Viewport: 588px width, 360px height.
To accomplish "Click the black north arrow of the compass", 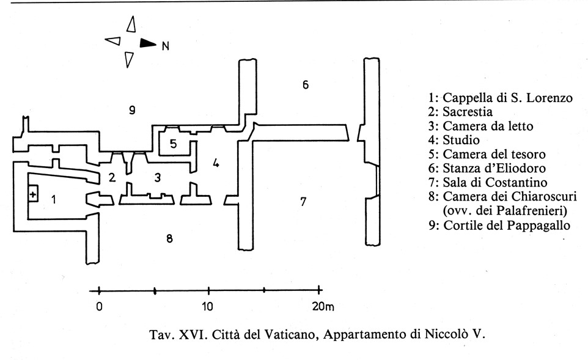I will [148, 43].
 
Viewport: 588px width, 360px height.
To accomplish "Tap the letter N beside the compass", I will [165, 45].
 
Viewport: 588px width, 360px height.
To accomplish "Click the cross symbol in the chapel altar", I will [32, 194].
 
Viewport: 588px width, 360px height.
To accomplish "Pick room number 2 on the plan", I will [111, 178].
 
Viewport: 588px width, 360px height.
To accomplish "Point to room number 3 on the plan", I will [158, 178].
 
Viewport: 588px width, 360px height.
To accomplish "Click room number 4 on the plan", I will [215, 163].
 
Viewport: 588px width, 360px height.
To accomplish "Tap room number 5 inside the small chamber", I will [174, 144].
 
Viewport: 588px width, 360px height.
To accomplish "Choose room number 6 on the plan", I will [306, 84].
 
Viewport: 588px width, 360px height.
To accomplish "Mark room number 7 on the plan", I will [303, 201].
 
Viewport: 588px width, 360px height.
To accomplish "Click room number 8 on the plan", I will [169, 238].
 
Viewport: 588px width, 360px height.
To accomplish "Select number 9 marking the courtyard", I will [131, 110].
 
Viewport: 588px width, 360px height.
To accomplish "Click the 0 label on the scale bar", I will [99, 307].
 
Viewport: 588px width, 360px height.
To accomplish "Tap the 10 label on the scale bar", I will [208, 307].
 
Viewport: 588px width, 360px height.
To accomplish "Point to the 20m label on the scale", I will [324, 307].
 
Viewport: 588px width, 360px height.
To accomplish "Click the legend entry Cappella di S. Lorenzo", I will [500, 98].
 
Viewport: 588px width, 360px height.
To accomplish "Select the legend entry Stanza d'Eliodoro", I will [494, 169].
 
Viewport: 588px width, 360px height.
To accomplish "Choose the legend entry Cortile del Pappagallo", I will [499, 226].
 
